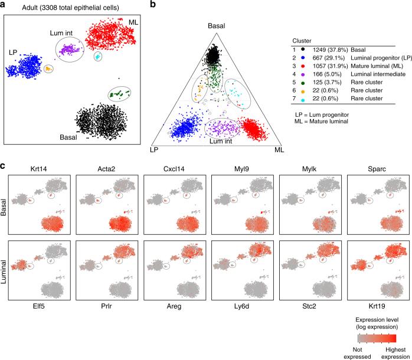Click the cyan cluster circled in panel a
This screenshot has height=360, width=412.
click(98, 56)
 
